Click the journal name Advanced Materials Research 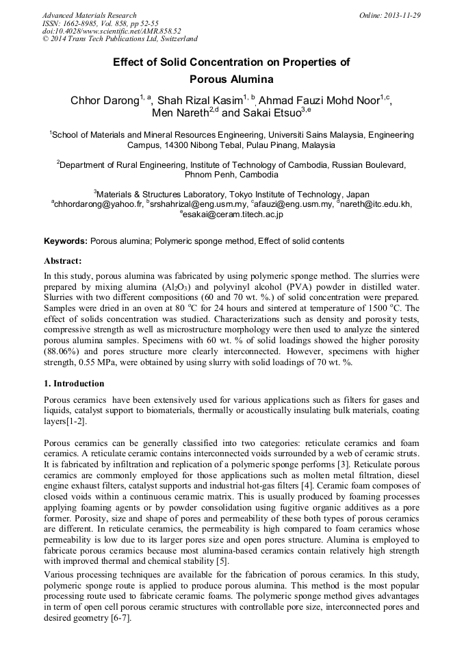tap(89, 15)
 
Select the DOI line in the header tap(112, 31)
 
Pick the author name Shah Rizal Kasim tap(199, 101)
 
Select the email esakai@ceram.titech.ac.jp tap(233, 214)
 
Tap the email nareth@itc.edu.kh tap(376, 204)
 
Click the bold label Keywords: tap(66, 241)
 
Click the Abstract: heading tap(63, 261)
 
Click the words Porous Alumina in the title tap(231, 79)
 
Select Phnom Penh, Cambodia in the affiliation tap(231, 175)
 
